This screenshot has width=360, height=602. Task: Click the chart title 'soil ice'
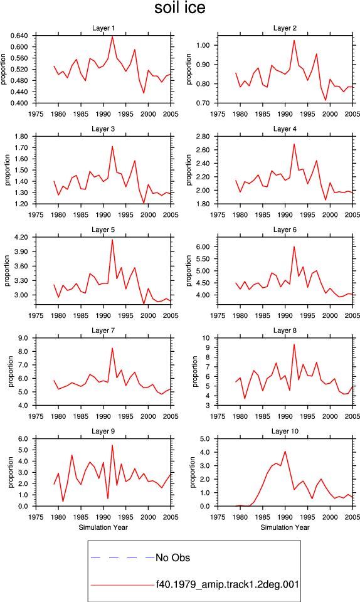(179, 8)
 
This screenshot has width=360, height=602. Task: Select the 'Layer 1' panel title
(103, 28)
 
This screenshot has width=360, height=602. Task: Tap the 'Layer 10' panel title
(285, 431)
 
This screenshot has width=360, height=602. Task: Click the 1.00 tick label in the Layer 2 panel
(203, 45)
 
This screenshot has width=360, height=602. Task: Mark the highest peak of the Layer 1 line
(112, 36)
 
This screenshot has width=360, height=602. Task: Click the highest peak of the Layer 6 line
(294, 246)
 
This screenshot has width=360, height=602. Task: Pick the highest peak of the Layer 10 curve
(285, 451)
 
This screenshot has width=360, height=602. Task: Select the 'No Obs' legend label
(172, 558)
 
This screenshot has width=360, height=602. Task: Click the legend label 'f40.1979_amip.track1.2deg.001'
(227, 584)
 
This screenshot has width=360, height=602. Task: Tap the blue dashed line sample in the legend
(122, 557)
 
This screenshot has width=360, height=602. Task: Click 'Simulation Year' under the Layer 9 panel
(103, 527)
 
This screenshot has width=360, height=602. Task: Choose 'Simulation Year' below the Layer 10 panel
(285, 527)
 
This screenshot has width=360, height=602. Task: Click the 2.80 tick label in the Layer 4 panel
(203, 136)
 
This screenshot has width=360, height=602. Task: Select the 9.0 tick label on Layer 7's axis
(23, 338)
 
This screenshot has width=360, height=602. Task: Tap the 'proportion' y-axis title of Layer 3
(8, 170)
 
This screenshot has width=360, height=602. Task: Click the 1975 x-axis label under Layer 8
(218, 416)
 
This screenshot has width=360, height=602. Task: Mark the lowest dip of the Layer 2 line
(326, 100)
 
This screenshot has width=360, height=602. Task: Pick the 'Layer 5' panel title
(103, 230)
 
